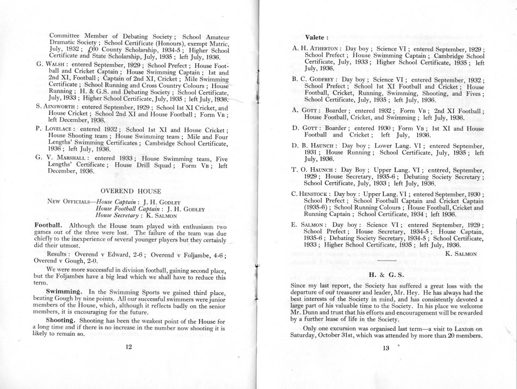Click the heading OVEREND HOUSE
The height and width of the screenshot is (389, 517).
(131, 191)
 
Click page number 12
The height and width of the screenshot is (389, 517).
(129, 349)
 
